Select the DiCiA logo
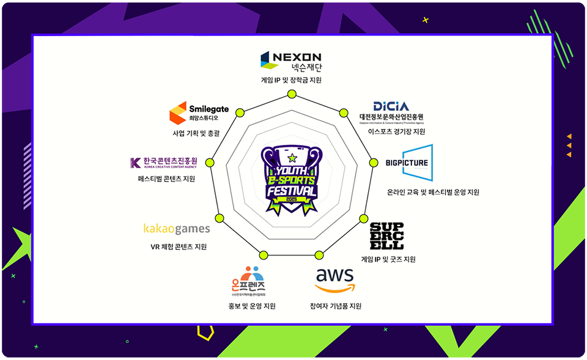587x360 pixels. (391, 112)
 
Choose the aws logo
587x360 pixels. (334, 281)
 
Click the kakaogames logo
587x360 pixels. (177, 229)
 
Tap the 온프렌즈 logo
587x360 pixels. (248, 282)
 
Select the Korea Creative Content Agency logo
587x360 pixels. (164, 163)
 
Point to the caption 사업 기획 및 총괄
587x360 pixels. (196, 132)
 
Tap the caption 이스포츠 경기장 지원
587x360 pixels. (392, 131)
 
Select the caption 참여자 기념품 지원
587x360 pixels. (336, 306)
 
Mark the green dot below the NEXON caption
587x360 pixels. (291, 94)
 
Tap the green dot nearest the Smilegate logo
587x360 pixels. (239, 112)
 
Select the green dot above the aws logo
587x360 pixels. (319, 255)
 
